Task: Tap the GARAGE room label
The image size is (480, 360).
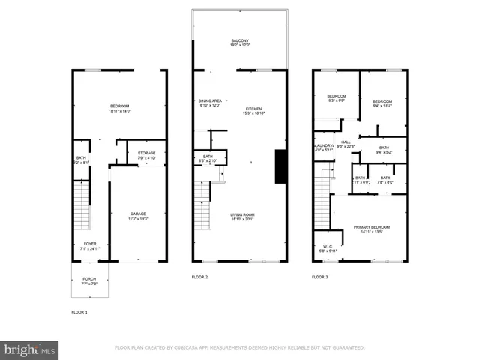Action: click(x=138, y=214)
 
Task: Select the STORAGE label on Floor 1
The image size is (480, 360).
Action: click(x=146, y=153)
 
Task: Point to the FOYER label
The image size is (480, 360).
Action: click(x=89, y=244)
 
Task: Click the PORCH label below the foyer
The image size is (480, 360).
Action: click(x=89, y=278)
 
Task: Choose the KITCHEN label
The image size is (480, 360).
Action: click(x=254, y=109)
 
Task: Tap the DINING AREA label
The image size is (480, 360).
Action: click(x=210, y=100)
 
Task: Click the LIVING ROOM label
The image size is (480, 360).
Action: click(x=243, y=214)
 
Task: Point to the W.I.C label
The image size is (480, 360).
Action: click(x=328, y=245)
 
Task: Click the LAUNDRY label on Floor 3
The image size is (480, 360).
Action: click(x=323, y=145)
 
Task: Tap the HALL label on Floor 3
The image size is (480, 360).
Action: click(x=346, y=142)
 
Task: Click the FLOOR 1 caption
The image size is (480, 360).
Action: click(x=79, y=311)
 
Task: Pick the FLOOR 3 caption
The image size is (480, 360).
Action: click(x=320, y=277)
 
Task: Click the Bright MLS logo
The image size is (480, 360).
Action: click(x=30, y=349)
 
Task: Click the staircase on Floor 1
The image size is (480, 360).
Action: click(x=83, y=208)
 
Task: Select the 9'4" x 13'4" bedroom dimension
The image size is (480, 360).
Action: click(x=382, y=106)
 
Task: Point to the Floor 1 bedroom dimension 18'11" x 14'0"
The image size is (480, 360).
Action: click(x=119, y=111)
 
